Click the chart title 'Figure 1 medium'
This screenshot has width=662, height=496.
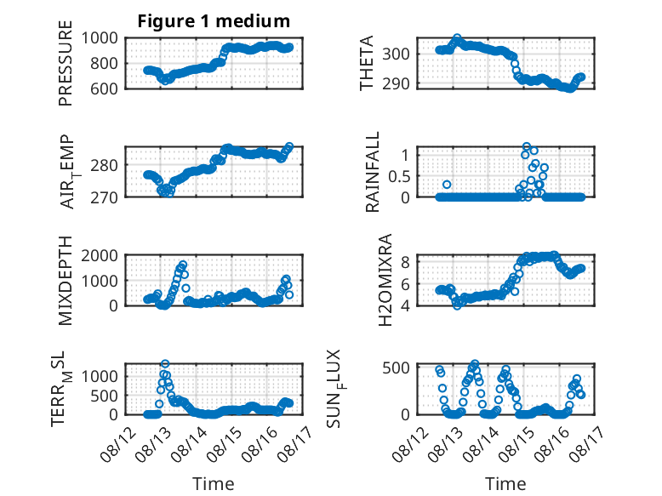coord(214,20)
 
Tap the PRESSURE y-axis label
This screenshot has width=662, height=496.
coord(66,63)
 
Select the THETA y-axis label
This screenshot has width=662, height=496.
coord(367,63)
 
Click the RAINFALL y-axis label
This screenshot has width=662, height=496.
coord(373,172)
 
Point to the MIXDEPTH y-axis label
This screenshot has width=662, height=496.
coord(66,280)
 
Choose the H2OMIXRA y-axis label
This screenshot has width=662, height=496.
coord(385,280)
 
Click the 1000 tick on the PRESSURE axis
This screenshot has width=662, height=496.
coord(100,38)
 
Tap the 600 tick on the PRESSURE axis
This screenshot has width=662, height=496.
coord(104,88)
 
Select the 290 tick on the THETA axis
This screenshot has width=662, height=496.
coord(396,84)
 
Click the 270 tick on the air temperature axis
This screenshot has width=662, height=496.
coord(104,197)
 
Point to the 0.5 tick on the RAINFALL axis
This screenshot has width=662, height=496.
coord(399,176)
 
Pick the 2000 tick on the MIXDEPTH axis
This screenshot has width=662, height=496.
coord(100,255)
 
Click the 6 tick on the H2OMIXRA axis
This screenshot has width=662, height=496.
coord(405,284)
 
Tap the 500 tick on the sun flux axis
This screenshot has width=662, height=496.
coord(396,368)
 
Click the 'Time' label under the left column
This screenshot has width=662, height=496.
coord(214,483)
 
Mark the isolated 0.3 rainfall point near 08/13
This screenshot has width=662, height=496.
coord(447,185)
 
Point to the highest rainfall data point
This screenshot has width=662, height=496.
coord(527,146)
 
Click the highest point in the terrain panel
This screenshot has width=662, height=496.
coord(165,363)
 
